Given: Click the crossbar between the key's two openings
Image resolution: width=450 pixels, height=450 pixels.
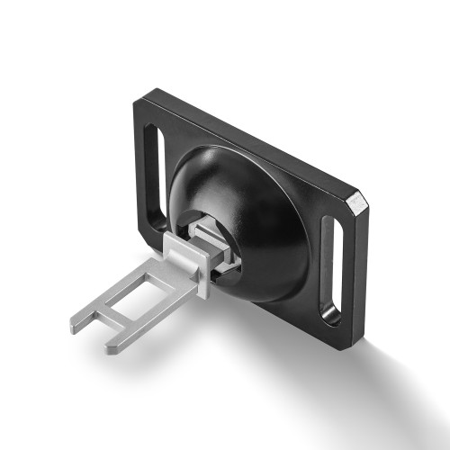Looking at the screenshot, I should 106,315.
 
